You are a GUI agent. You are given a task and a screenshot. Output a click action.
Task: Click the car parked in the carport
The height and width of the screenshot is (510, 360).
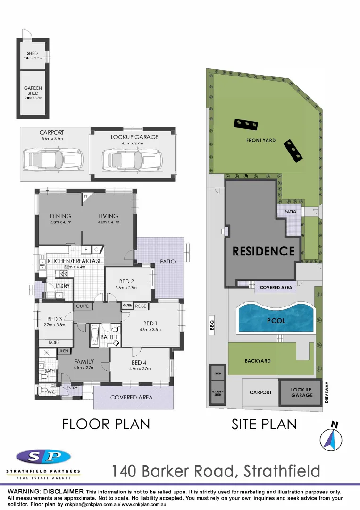52,157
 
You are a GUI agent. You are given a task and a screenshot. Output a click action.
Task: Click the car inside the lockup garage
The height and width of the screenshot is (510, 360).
132,157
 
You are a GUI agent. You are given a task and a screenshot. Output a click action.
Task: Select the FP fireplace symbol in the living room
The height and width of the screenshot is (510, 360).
86,196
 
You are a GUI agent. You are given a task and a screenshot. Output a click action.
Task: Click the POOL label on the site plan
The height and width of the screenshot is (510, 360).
276,321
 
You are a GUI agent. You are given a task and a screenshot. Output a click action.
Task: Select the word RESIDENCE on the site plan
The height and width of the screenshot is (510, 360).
263,251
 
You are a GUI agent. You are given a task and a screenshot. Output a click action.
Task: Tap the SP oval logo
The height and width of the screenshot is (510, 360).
43,456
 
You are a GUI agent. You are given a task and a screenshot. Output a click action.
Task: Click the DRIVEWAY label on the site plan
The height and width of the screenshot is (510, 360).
327,392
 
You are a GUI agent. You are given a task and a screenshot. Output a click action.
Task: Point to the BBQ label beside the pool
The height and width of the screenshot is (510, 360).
212,325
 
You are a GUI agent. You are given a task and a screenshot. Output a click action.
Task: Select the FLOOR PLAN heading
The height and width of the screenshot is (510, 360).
106,424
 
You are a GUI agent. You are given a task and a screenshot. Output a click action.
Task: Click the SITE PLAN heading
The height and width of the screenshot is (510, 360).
264,424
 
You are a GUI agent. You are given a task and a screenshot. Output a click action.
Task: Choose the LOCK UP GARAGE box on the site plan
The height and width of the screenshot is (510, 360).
301,392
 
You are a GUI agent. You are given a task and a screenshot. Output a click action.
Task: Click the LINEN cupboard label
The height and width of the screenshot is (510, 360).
63,351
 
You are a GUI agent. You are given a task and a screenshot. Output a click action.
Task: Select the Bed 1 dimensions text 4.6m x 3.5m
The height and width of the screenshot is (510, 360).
150,330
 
